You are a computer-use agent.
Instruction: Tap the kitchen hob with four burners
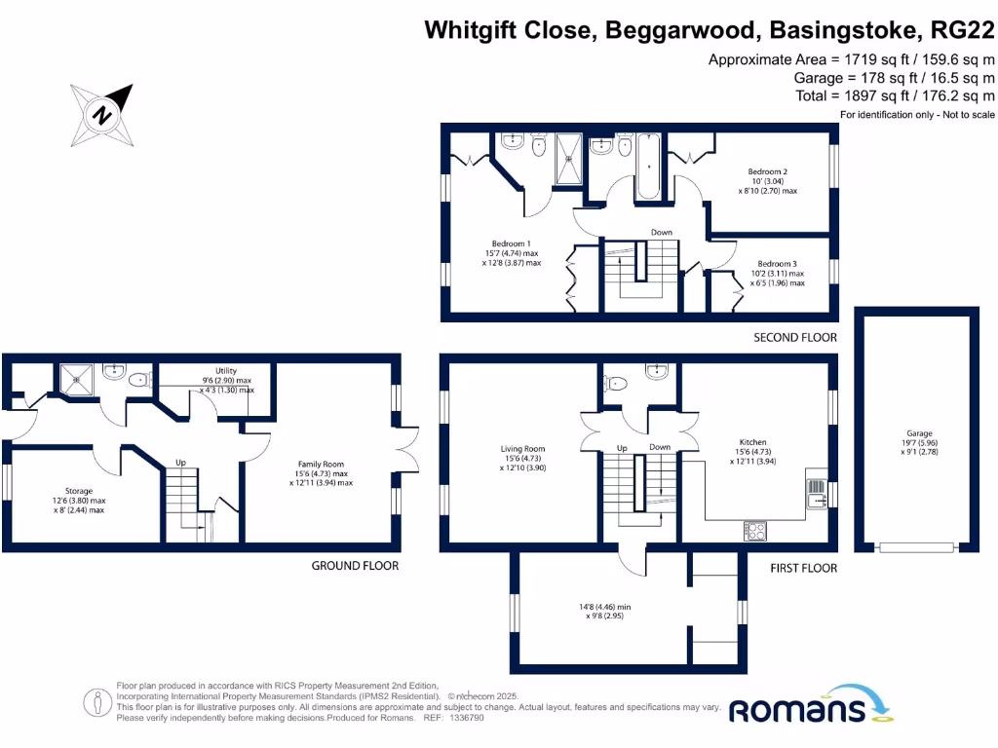(755, 531)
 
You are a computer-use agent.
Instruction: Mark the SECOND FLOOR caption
(795, 338)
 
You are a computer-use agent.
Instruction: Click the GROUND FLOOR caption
(355, 565)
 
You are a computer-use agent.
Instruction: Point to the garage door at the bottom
(913, 547)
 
